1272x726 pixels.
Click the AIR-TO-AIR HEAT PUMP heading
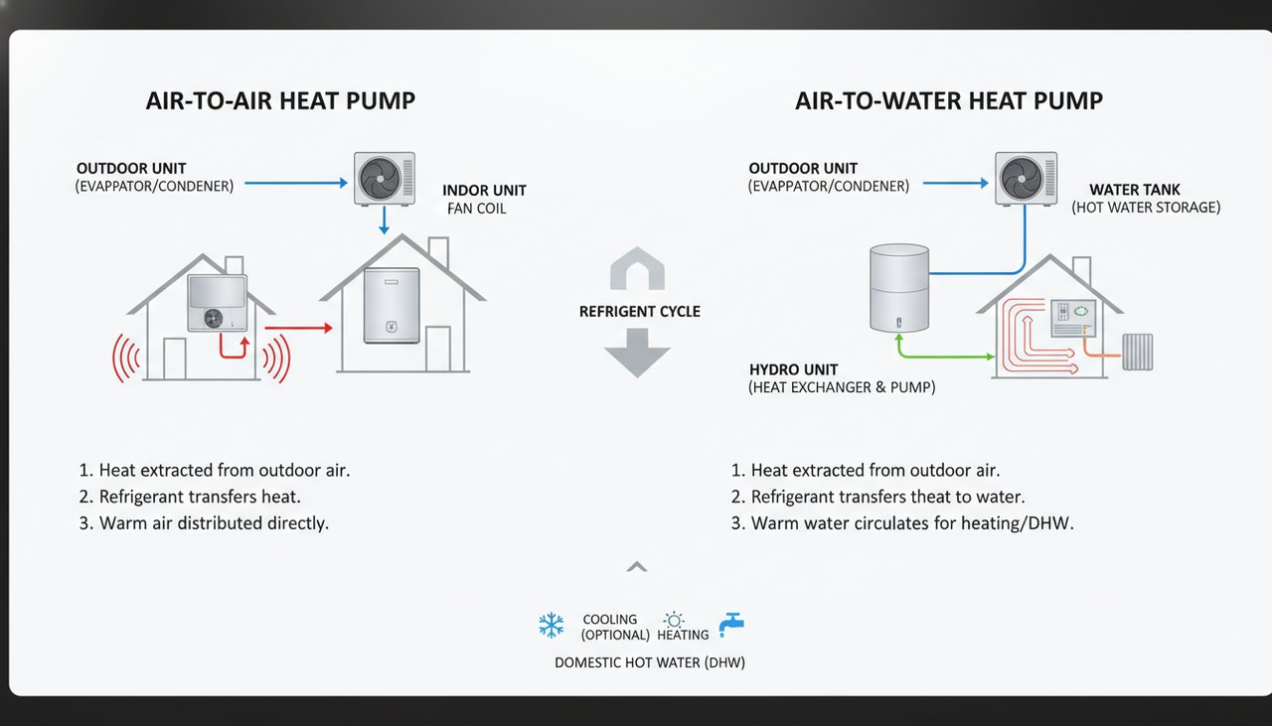(x=280, y=100)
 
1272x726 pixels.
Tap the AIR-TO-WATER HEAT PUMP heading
(x=949, y=100)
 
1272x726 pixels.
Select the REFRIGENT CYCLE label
(x=639, y=312)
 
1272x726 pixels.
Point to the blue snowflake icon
(x=551, y=625)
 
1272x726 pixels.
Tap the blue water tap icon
(x=731, y=624)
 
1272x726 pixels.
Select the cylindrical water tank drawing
(x=898, y=288)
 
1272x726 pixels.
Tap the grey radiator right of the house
(x=1137, y=352)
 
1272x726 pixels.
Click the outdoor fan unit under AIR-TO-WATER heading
(x=1027, y=178)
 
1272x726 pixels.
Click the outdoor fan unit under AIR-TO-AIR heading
(x=385, y=178)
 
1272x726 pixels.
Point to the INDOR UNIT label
(x=484, y=190)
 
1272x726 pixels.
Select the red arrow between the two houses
(x=298, y=327)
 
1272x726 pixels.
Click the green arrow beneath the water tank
(x=944, y=354)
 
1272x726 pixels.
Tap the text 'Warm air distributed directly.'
(x=214, y=522)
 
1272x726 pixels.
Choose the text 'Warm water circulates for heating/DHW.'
(x=911, y=522)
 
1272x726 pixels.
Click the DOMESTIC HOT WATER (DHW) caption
(x=649, y=662)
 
